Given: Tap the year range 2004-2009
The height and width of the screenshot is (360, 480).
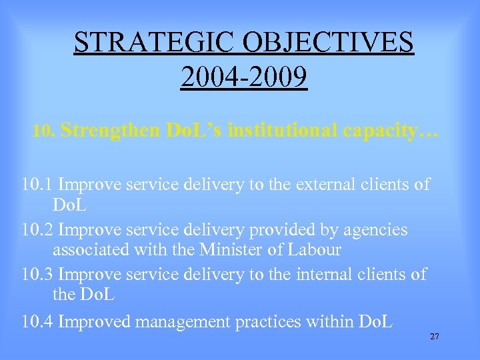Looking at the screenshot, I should (x=244, y=77).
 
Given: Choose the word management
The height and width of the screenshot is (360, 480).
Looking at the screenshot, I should (x=191, y=323).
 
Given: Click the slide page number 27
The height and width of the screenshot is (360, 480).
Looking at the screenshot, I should (x=434, y=337).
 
